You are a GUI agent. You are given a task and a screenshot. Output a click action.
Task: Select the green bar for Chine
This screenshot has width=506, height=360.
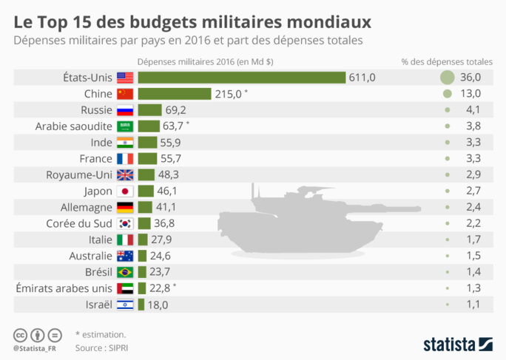(175, 94)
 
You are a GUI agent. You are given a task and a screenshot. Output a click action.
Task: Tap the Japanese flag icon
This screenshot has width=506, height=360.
(125, 191)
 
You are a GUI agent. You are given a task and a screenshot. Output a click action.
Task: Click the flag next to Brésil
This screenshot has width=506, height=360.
(125, 272)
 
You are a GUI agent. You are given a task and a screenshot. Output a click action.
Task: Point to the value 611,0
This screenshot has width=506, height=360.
(362, 78)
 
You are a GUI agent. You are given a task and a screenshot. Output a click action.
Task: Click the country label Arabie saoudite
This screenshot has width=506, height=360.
(73, 126)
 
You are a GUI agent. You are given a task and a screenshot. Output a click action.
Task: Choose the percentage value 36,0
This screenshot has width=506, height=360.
(470, 78)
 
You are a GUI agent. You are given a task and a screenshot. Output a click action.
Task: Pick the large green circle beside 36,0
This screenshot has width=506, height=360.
(447, 78)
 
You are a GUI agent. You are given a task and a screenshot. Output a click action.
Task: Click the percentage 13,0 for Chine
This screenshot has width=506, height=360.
(470, 94)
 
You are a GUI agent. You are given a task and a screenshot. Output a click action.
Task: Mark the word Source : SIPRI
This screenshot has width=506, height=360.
(102, 346)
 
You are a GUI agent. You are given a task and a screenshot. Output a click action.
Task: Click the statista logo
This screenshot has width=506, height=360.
(458, 344)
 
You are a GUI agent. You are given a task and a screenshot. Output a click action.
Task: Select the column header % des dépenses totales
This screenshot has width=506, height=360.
(447, 61)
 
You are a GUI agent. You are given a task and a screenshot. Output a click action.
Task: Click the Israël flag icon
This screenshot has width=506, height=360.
(125, 305)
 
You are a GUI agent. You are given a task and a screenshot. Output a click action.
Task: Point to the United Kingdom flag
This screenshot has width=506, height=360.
(125, 174)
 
